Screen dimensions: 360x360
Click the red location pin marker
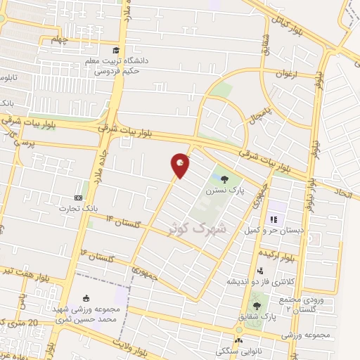click(x=181, y=165)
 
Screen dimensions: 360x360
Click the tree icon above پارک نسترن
click(x=225, y=179)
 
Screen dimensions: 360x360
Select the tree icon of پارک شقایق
click(x=257, y=305)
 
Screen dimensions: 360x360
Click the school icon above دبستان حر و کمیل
click(x=273, y=219)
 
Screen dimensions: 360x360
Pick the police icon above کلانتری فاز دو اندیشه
click(x=260, y=271)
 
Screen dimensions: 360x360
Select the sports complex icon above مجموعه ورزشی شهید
click(x=86, y=297)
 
